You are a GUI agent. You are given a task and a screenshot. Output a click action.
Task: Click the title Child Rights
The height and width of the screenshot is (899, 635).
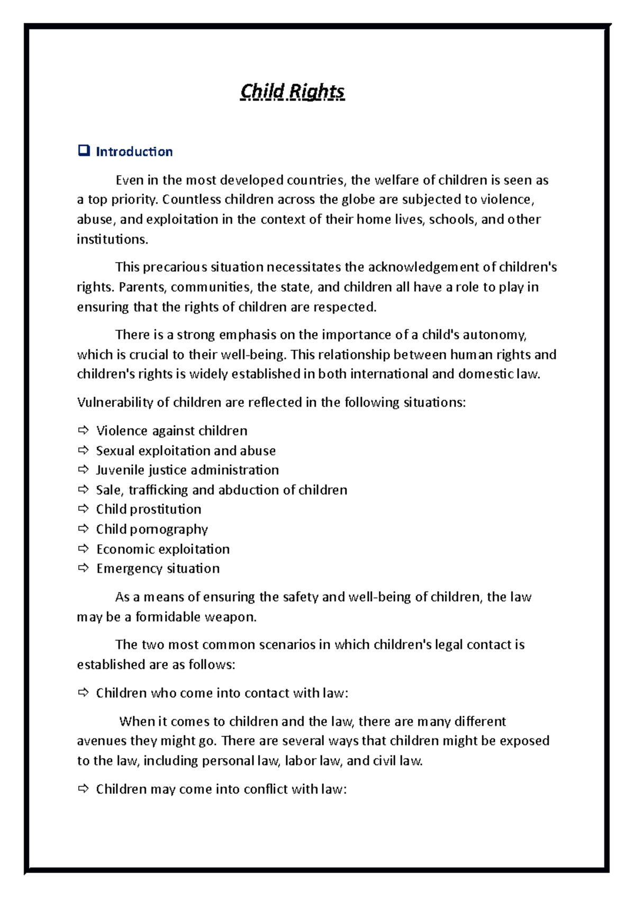(292, 92)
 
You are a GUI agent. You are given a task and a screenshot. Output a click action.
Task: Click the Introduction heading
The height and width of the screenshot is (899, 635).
(134, 152)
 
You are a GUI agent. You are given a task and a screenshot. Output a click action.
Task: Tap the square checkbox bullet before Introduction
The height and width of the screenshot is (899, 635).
(84, 151)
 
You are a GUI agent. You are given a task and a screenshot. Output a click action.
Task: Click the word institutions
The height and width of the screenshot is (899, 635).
(112, 239)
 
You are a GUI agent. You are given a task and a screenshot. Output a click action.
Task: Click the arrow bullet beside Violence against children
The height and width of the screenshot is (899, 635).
(83, 430)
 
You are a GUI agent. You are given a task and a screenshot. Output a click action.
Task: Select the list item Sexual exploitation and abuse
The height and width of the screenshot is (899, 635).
(186, 451)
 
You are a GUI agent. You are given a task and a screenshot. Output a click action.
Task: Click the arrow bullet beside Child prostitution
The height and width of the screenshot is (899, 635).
(83, 509)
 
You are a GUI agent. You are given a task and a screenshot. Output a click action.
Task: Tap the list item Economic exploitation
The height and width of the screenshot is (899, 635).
(163, 549)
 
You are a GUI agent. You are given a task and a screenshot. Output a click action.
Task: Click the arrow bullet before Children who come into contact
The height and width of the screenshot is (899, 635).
(83, 693)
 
